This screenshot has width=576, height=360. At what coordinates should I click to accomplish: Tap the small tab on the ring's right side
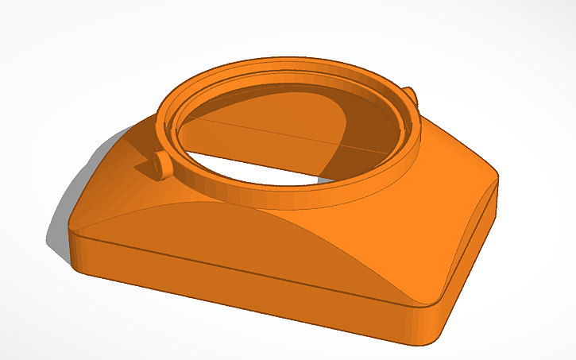(410, 96)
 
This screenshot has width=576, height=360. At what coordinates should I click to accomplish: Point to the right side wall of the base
(469, 254)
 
